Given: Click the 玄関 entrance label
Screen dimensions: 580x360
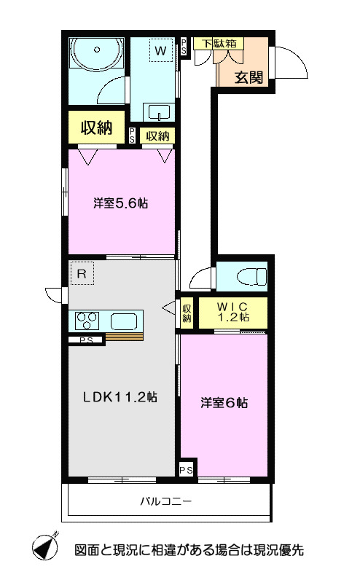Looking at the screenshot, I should pyautogui.click(x=248, y=77).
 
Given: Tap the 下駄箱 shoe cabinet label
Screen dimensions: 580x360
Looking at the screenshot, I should pyautogui.click(x=219, y=44).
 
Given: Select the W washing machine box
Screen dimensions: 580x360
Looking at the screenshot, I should pyautogui.click(x=160, y=50).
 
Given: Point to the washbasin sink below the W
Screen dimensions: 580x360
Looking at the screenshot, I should pyautogui.click(x=159, y=111).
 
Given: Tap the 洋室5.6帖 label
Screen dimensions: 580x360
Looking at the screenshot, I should pyautogui.click(x=120, y=203).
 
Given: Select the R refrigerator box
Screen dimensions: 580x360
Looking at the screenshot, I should pyautogui.click(x=82, y=275).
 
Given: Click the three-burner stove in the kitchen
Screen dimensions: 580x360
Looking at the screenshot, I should pyautogui.click(x=88, y=319).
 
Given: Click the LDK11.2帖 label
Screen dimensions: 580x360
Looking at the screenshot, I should pyautogui.click(x=120, y=397).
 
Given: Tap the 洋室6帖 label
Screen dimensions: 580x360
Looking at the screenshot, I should pyautogui.click(x=224, y=401).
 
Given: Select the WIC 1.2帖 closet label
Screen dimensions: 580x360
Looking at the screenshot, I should pyautogui.click(x=234, y=311).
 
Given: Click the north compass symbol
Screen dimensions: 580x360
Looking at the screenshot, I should pyautogui.click(x=46, y=546).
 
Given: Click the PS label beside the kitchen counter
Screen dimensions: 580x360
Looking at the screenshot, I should pyautogui.click(x=86, y=340).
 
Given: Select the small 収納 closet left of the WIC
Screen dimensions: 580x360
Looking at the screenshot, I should pyautogui.click(x=187, y=313).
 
